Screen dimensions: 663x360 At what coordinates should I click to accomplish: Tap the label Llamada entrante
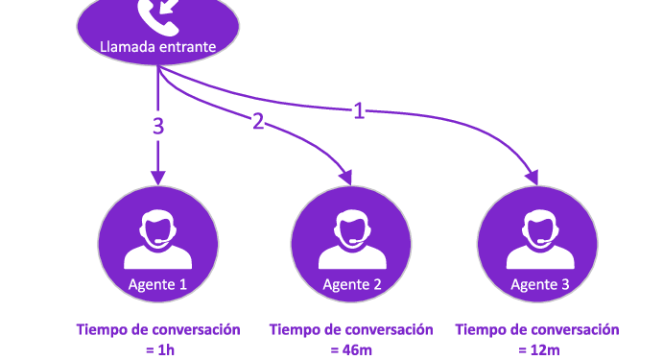pos(157,46)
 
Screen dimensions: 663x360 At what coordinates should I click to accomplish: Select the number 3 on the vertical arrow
pos(158,126)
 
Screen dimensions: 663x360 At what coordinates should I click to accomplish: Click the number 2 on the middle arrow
pos(258,121)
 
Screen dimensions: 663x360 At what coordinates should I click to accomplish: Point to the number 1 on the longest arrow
pos(359,110)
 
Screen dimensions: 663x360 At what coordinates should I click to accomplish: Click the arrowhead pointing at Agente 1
pos(158,179)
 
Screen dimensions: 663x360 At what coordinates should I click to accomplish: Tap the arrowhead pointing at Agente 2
pos(345,178)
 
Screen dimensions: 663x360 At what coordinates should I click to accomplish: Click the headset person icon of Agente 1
pos(157,239)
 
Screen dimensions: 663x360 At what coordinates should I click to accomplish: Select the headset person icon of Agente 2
pos(352,239)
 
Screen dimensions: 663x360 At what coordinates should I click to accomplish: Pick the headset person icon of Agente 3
pos(540,239)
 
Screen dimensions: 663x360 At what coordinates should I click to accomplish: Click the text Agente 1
pos(157,284)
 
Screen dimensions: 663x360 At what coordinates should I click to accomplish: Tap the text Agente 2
pos(352,284)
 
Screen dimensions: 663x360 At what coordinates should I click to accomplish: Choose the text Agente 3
pos(540,284)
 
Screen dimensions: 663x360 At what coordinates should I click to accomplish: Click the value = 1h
pos(160,349)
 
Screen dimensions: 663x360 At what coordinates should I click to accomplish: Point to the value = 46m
pos(351,349)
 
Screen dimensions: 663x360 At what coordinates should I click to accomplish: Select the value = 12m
pos(539,349)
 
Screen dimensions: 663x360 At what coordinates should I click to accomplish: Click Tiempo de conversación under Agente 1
pos(158,329)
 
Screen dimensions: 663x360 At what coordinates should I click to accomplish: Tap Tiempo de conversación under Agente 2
pos(351,329)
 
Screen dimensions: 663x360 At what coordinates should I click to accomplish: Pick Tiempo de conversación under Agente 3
pos(537,329)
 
